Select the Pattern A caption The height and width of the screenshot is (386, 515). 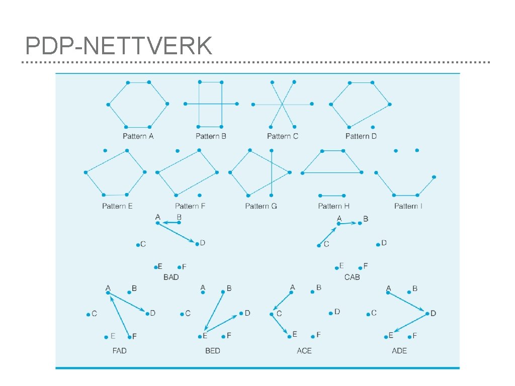pos(138,136)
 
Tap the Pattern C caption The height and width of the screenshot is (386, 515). pos(283,136)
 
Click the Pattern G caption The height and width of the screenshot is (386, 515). pos(261,206)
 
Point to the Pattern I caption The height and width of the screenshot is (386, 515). pos(408,206)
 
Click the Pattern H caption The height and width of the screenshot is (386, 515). pos(333,206)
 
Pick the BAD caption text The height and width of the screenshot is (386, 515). pos(171,277)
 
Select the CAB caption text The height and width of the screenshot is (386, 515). pos(352,277)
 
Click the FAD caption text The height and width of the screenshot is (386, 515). pos(119,350)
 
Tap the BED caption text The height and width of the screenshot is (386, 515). pos(213,350)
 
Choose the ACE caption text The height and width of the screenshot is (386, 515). pos(304,350)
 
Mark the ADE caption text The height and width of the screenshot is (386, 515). pos(399,350)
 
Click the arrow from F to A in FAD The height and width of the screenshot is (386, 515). pos(119,315)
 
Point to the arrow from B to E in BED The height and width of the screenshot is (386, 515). pos(214,314)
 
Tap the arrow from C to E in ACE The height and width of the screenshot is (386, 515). pos(280,324)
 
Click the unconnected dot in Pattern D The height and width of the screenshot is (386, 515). pos(373,127)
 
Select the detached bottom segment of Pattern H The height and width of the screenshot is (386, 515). pos(332,196)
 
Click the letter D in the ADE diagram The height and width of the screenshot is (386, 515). pos(434,314)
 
